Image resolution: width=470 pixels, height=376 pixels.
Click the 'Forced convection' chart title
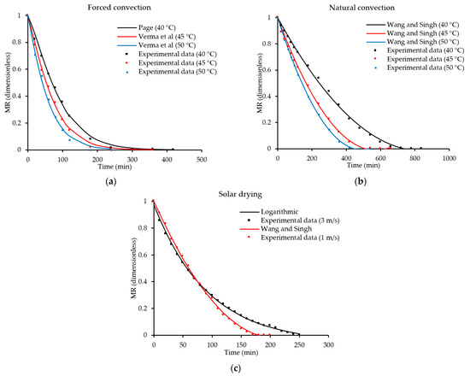pos(115,7)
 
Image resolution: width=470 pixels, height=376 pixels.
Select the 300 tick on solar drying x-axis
pos(328,344)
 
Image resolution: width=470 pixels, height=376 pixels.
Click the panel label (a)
pos(115,181)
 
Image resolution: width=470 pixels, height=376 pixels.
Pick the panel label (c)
pos(239,368)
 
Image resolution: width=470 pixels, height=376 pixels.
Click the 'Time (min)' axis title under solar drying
pos(239,352)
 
